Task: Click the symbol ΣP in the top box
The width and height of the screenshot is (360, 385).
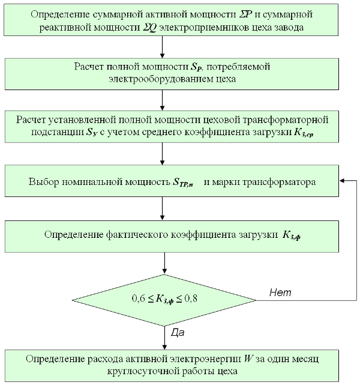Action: pos(245,14)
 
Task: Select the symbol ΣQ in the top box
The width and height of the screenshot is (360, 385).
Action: pos(149,28)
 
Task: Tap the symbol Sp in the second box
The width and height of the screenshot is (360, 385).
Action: pos(197,67)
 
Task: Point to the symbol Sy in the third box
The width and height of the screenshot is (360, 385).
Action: pos(92,132)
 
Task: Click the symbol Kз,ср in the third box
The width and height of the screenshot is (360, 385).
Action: pos(304,133)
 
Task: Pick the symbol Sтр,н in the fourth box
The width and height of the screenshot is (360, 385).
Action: pos(182,183)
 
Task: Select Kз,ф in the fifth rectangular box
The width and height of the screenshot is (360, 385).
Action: pos(292,235)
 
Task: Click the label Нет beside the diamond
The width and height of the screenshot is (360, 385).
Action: pos(280,293)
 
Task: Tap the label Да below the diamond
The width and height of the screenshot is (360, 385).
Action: pos(178,333)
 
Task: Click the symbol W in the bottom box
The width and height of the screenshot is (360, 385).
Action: pos(248,359)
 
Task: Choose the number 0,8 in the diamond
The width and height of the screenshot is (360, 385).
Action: pos(191,299)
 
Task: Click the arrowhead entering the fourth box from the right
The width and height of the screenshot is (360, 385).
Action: pos(342,181)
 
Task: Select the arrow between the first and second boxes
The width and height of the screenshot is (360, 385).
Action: pos(162,47)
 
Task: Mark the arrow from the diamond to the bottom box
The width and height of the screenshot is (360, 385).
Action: pos(164,338)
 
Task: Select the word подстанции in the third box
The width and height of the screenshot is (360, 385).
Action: pos(57,133)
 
